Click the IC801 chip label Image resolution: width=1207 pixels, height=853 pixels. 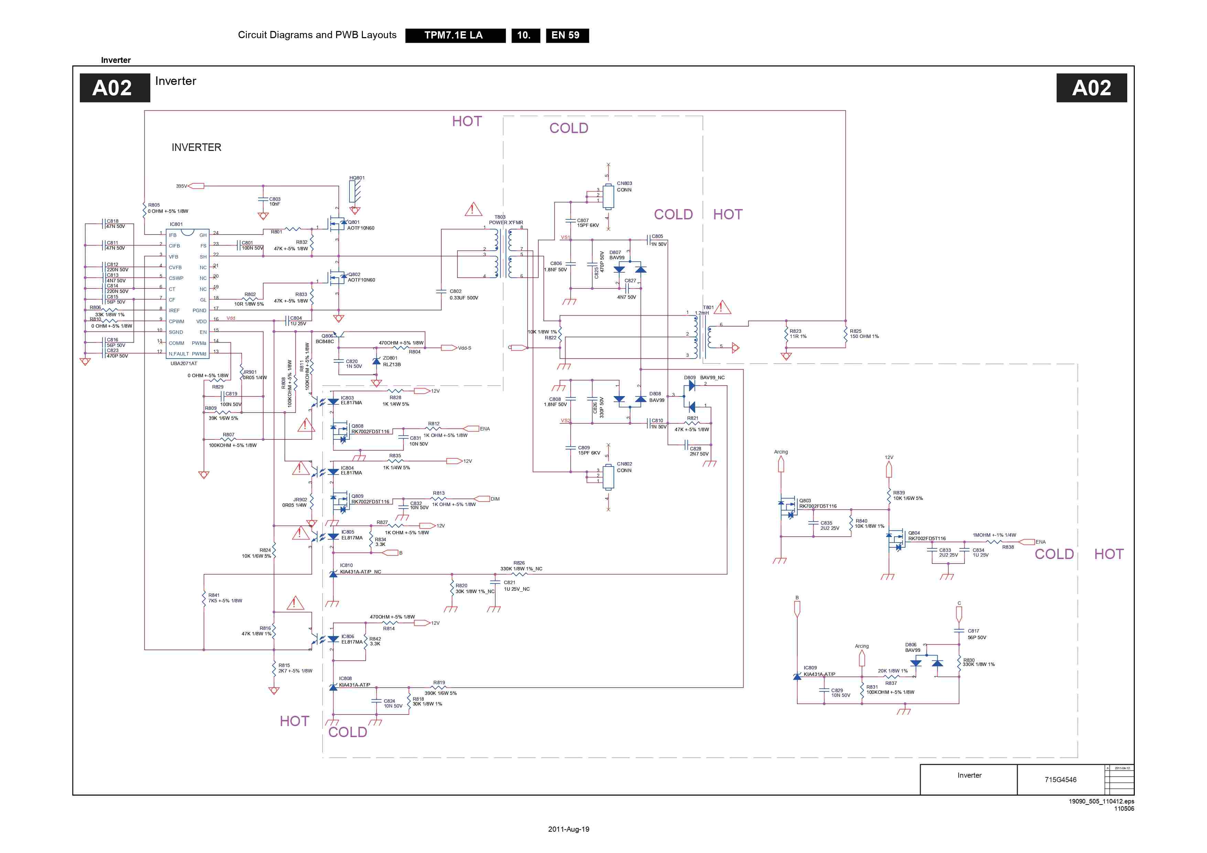pos(176,225)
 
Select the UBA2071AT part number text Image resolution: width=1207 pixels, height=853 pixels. pos(184,363)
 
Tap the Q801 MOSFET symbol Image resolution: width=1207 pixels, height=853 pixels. pos(337,225)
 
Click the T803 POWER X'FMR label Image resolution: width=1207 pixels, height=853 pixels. pos(505,220)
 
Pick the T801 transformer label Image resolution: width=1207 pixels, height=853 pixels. pos(708,307)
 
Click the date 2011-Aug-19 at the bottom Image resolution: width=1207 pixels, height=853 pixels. pos(568,829)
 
